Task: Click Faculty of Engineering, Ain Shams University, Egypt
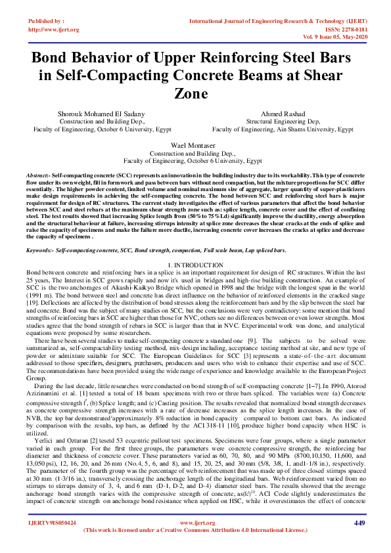283,129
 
